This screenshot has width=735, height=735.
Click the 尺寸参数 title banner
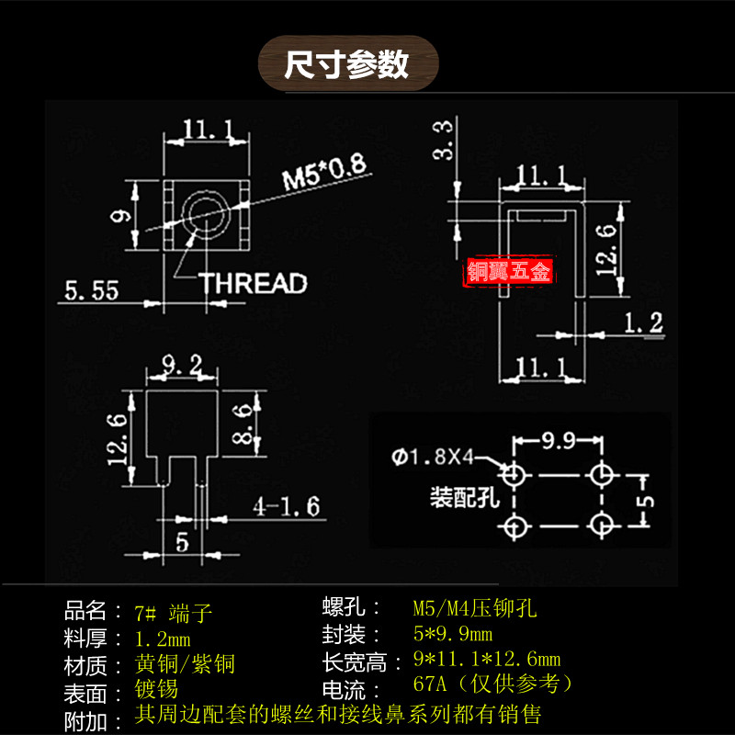click(x=346, y=64)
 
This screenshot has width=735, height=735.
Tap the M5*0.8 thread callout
click(x=323, y=172)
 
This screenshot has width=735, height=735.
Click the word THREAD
click(x=253, y=283)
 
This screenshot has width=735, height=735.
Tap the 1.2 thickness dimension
click(x=642, y=322)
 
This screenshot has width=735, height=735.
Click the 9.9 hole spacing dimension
click(x=559, y=442)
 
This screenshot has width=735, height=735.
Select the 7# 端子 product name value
click(x=174, y=612)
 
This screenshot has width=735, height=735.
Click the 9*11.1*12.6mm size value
click(x=487, y=660)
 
